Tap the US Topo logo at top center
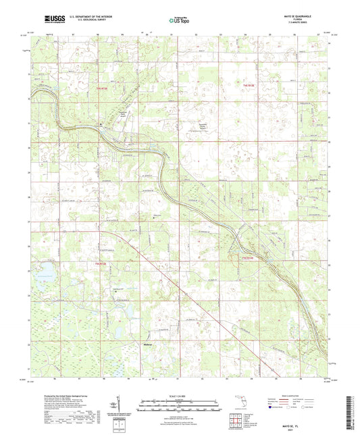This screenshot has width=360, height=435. (x=179, y=21)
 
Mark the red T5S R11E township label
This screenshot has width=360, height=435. (x=249, y=256)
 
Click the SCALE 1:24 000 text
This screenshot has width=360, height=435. (x=180, y=394)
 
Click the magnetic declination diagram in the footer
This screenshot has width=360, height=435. (x=119, y=405)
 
